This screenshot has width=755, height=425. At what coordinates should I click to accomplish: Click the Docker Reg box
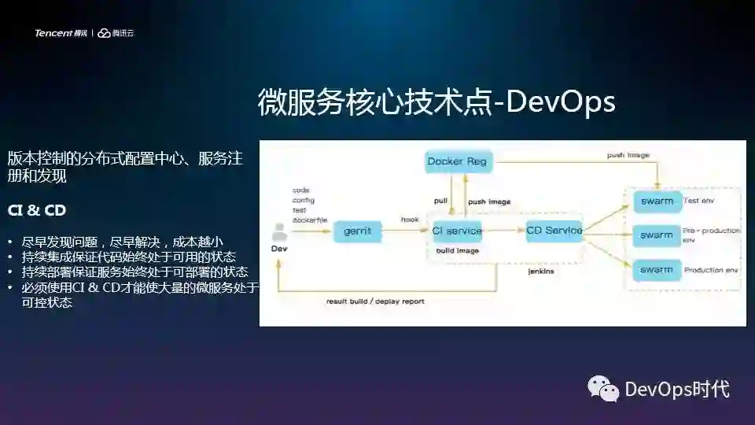[457, 162]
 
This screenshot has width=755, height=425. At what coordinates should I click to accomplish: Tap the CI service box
[457, 231]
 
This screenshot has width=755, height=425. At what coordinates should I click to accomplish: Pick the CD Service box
[554, 231]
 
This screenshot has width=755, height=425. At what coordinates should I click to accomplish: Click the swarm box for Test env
[657, 201]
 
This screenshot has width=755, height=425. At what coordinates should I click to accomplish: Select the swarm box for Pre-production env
[657, 235]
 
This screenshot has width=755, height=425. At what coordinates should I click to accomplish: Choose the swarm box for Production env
[657, 270]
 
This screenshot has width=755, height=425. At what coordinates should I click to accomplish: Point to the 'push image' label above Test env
[628, 155]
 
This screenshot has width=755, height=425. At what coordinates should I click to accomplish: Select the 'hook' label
[410, 220]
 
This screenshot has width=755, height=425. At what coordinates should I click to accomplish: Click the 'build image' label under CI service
[458, 250]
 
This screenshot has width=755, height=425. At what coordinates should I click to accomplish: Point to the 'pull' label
[440, 201]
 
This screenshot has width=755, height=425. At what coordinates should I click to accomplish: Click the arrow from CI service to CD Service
[504, 231]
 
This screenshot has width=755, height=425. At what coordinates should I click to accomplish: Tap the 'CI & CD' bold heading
[36, 211]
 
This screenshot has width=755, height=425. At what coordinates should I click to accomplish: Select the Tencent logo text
[53, 33]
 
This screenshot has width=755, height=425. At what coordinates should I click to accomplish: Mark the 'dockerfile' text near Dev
[307, 220]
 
